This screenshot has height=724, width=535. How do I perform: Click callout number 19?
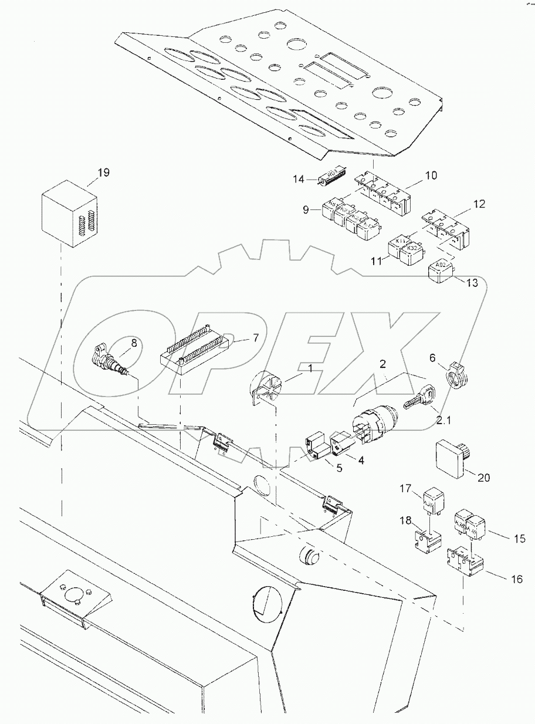pyautogui.click(x=103, y=173)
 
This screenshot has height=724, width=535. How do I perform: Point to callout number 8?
pyautogui.click(x=134, y=344)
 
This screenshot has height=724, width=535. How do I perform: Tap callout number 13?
pyautogui.click(x=472, y=283)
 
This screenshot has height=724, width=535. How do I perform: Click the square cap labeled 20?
pyautogui.click(x=452, y=457)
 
